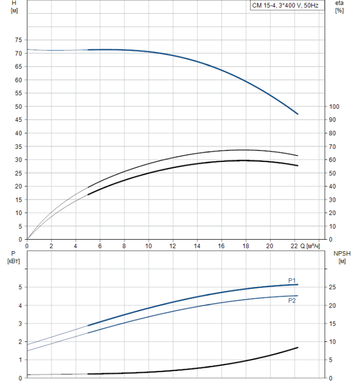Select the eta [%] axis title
[x=339, y=7]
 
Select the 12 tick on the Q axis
[x=173, y=246]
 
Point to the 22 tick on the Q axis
[x=294, y=246]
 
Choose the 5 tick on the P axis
[x=20, y=287]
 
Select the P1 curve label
[x=292, y=281]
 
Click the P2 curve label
[x=292, y=300]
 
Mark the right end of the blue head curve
[x=298, y=114]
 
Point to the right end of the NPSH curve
[x=298, y=347]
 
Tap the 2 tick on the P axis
[x=20, y=341]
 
